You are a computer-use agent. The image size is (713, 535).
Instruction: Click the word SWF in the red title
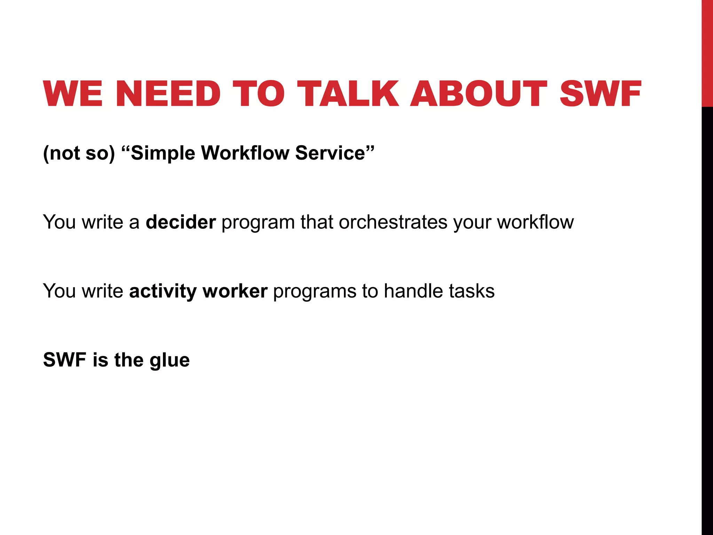600,94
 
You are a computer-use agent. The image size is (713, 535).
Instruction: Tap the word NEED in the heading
168,94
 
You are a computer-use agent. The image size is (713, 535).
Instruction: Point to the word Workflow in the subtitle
245,153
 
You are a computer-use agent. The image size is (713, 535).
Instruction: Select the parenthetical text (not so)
79,153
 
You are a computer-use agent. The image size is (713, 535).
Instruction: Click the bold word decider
181,222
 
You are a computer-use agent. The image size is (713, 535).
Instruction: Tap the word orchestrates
393,222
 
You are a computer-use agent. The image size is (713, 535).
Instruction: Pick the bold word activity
163,291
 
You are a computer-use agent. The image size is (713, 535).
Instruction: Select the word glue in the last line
170,360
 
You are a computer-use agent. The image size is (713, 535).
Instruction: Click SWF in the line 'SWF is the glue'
65,360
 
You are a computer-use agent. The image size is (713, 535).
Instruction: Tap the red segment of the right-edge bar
707,52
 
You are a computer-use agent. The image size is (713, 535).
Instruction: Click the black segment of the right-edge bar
707,313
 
